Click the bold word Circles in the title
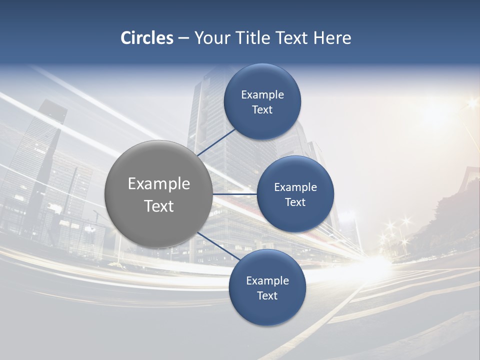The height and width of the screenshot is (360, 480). click(147, 38)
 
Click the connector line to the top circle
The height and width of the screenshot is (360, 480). click(217, 142)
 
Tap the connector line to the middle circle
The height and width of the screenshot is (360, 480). click(235, 194)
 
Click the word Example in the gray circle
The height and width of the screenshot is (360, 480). click(158, 184)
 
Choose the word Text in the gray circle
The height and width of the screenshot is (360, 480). click(158, 206)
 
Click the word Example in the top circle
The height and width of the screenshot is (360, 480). click(262, 95)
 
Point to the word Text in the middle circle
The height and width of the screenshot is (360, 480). click(295, 202)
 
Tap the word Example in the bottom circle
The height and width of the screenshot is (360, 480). click(267, 281)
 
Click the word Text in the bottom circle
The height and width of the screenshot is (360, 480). click(267, 295)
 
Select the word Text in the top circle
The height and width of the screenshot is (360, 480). click(262, 109)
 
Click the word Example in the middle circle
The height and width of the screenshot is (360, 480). click(295, 187)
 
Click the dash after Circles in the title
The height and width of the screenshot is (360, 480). click(183, 38)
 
